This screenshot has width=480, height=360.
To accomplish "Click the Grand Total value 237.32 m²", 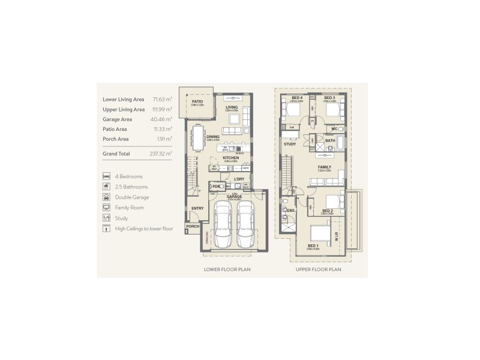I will (161, 154).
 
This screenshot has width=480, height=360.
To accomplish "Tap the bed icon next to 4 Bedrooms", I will (106, 176).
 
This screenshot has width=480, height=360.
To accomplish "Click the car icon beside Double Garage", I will (106, 197).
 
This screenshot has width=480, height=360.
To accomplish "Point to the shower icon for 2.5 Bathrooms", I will (106, 187).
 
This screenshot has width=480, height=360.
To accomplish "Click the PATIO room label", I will (196, 102).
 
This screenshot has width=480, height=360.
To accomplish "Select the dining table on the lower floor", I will (197, 137).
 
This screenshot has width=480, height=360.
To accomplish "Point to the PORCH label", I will (192, 227).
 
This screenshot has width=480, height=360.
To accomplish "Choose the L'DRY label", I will (239, 179).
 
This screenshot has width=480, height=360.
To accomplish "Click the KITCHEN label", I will (231, 158).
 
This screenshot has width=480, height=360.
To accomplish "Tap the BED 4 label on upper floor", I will (296, 98).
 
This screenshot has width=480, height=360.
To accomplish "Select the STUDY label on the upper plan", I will (290, 144).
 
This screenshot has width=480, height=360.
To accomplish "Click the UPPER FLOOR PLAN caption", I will (318, 270).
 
